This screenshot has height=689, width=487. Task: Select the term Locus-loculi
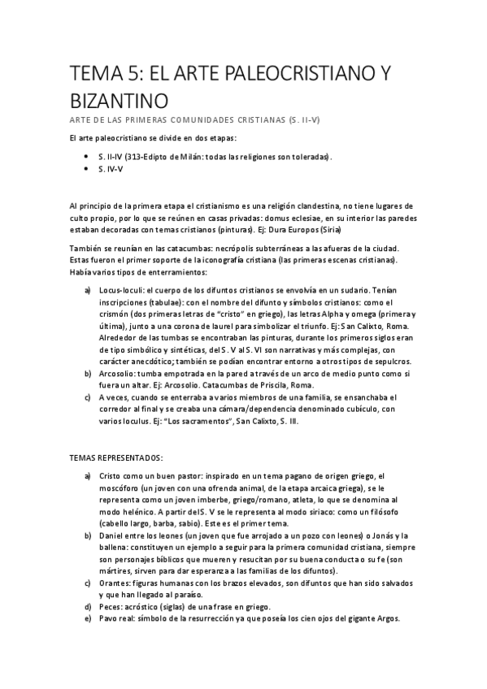pos(122,289)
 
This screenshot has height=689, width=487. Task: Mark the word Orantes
pos(116,583)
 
